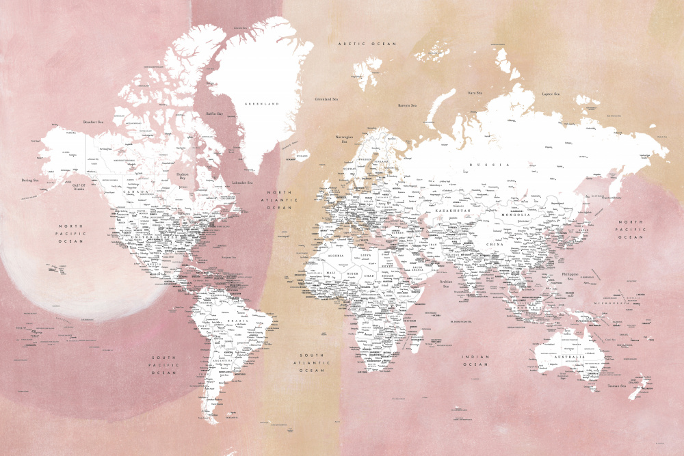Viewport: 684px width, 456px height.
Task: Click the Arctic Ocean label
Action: (x=367, y=44)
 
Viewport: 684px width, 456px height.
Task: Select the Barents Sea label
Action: (x=408, y=105)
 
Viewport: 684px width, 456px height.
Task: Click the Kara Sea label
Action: (x=475, y=92)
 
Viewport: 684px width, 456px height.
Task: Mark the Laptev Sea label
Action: (x=551, y=94)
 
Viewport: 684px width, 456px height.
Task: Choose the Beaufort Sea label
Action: (x=92, y=122)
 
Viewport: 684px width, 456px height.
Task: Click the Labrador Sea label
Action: (x=242, y=183)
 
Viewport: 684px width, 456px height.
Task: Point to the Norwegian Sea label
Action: (x=343, y=139)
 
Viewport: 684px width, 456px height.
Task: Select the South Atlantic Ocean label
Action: (x=311, y=362)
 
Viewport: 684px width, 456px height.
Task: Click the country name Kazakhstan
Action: (x=453, y=211)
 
